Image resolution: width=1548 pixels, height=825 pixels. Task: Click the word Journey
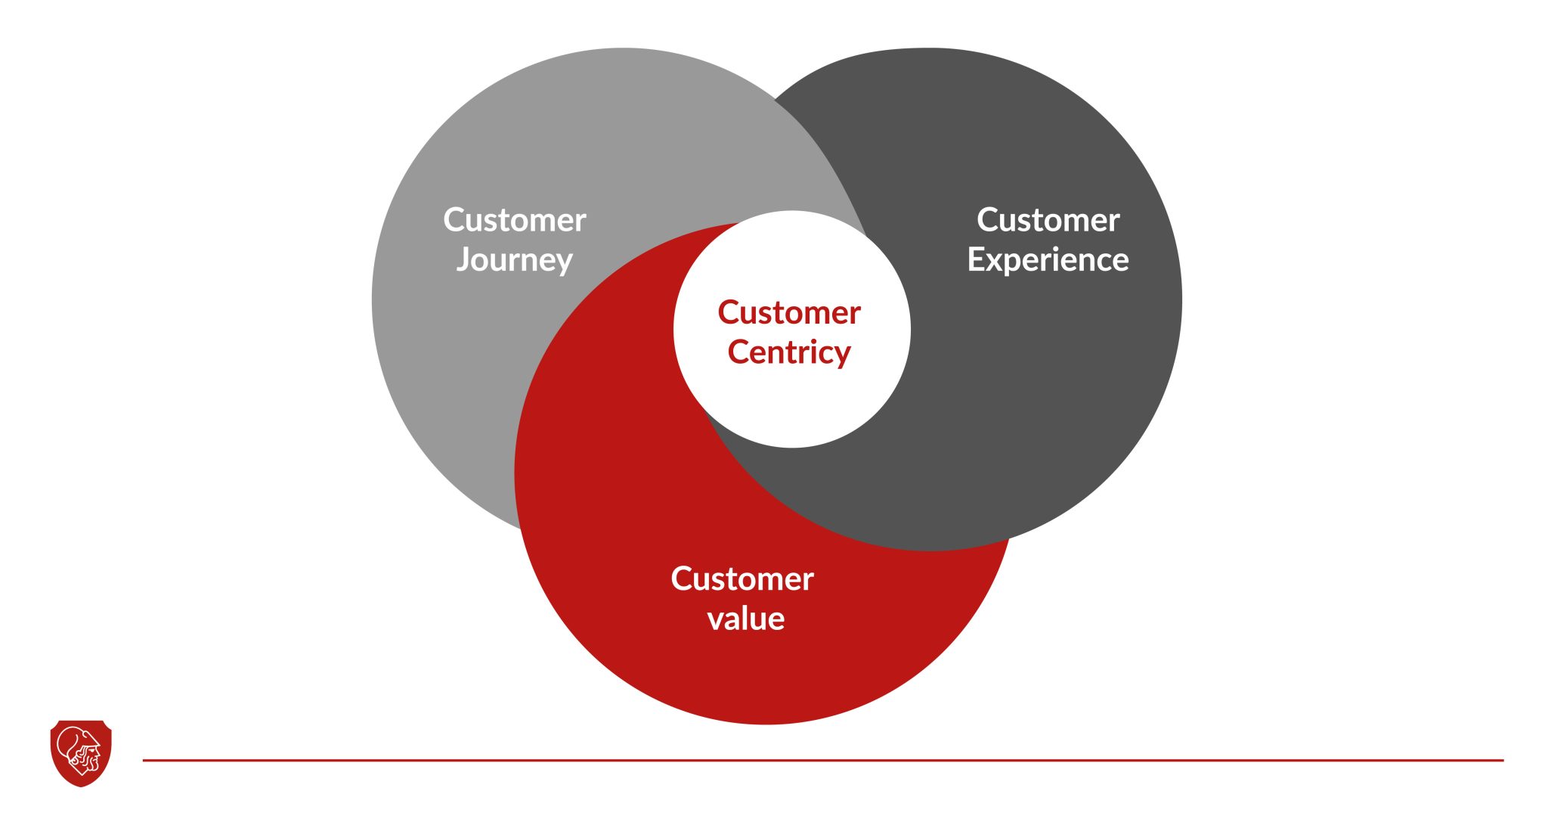pyautogui.click(x=514, y=260)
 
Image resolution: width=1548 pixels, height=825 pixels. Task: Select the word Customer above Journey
pyautogui.click(x=514, y=220)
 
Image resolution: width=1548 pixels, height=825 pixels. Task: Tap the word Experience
pyautogui.click(x=1048, y=260)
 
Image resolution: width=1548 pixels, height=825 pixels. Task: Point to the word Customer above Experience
pyautogui.click(x=1048, y=220)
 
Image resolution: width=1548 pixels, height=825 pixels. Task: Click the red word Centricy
pyautogui.click(x=789, y=352)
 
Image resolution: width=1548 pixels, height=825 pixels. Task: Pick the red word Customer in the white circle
pyautogui.click(x=789, y=312)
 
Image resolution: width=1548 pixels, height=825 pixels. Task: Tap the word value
pyautogui.click(x=745, y=619)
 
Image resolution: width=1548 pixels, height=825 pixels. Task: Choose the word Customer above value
pyautogui.click(x=742, y=579)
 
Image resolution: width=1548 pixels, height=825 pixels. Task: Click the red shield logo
pyautogui.click(x=81, y=753)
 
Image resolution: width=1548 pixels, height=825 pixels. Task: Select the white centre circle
pyautogui.click(x=792, y=408)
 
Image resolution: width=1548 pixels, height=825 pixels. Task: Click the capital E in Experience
pyautogui.click(x=977, y=259)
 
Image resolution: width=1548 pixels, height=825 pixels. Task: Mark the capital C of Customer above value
pyautogui.click(x=683, y=579)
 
